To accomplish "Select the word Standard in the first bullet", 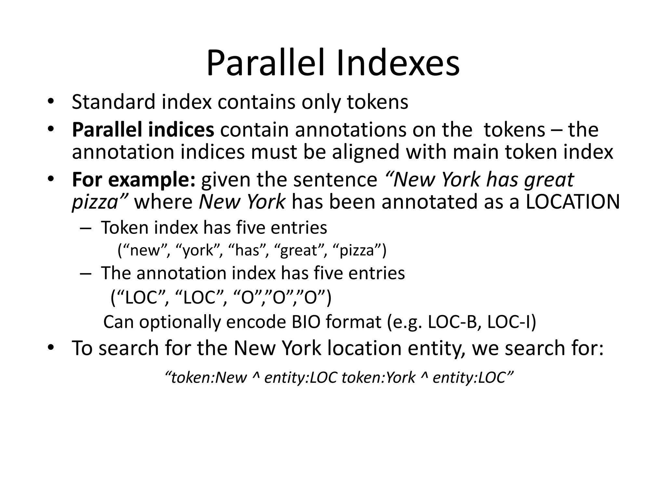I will pos(113,102).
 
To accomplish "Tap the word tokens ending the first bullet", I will pos(378,102).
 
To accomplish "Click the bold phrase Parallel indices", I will pos(143,130).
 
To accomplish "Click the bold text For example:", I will pos(134,180).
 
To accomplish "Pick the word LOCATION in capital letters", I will pos(573,202).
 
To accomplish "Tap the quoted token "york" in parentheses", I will pos(199,250).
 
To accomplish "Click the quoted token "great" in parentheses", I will pos(300,250).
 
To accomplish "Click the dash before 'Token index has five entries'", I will pos(85,228).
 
